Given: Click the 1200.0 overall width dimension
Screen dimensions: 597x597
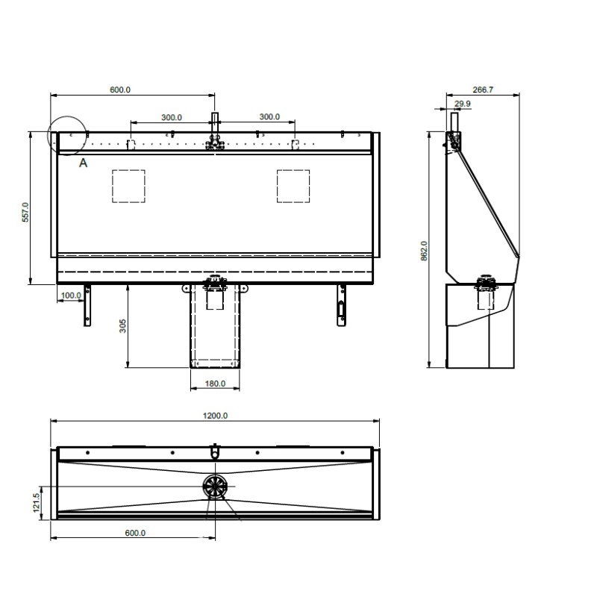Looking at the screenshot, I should (216, 415).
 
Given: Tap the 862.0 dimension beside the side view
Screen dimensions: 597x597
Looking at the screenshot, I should (423, 251).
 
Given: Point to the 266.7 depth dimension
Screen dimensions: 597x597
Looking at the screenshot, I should (483, 90).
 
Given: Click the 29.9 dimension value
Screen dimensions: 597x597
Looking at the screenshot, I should (462, 104).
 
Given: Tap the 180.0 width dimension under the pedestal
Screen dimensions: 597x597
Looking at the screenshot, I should (215, 384).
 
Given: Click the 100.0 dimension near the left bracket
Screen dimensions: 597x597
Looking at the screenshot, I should (71, 296).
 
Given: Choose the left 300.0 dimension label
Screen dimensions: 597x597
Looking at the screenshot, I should (172, 117).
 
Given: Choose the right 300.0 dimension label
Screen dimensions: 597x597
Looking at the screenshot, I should (269, 117).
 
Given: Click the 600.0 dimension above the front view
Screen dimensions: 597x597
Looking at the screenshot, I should (120, 90).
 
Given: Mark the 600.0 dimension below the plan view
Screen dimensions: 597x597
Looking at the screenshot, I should (135, 533).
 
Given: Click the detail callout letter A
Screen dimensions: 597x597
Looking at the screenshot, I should (83, 162).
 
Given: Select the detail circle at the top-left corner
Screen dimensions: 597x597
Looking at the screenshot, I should (67, 135).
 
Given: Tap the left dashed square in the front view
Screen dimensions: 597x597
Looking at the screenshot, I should (128, 186).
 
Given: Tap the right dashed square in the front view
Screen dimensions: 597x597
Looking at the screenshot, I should (293, 186).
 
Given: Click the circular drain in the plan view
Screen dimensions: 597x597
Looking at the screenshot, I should (216, 486).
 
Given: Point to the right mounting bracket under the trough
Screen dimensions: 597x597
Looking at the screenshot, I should (341, 306).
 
